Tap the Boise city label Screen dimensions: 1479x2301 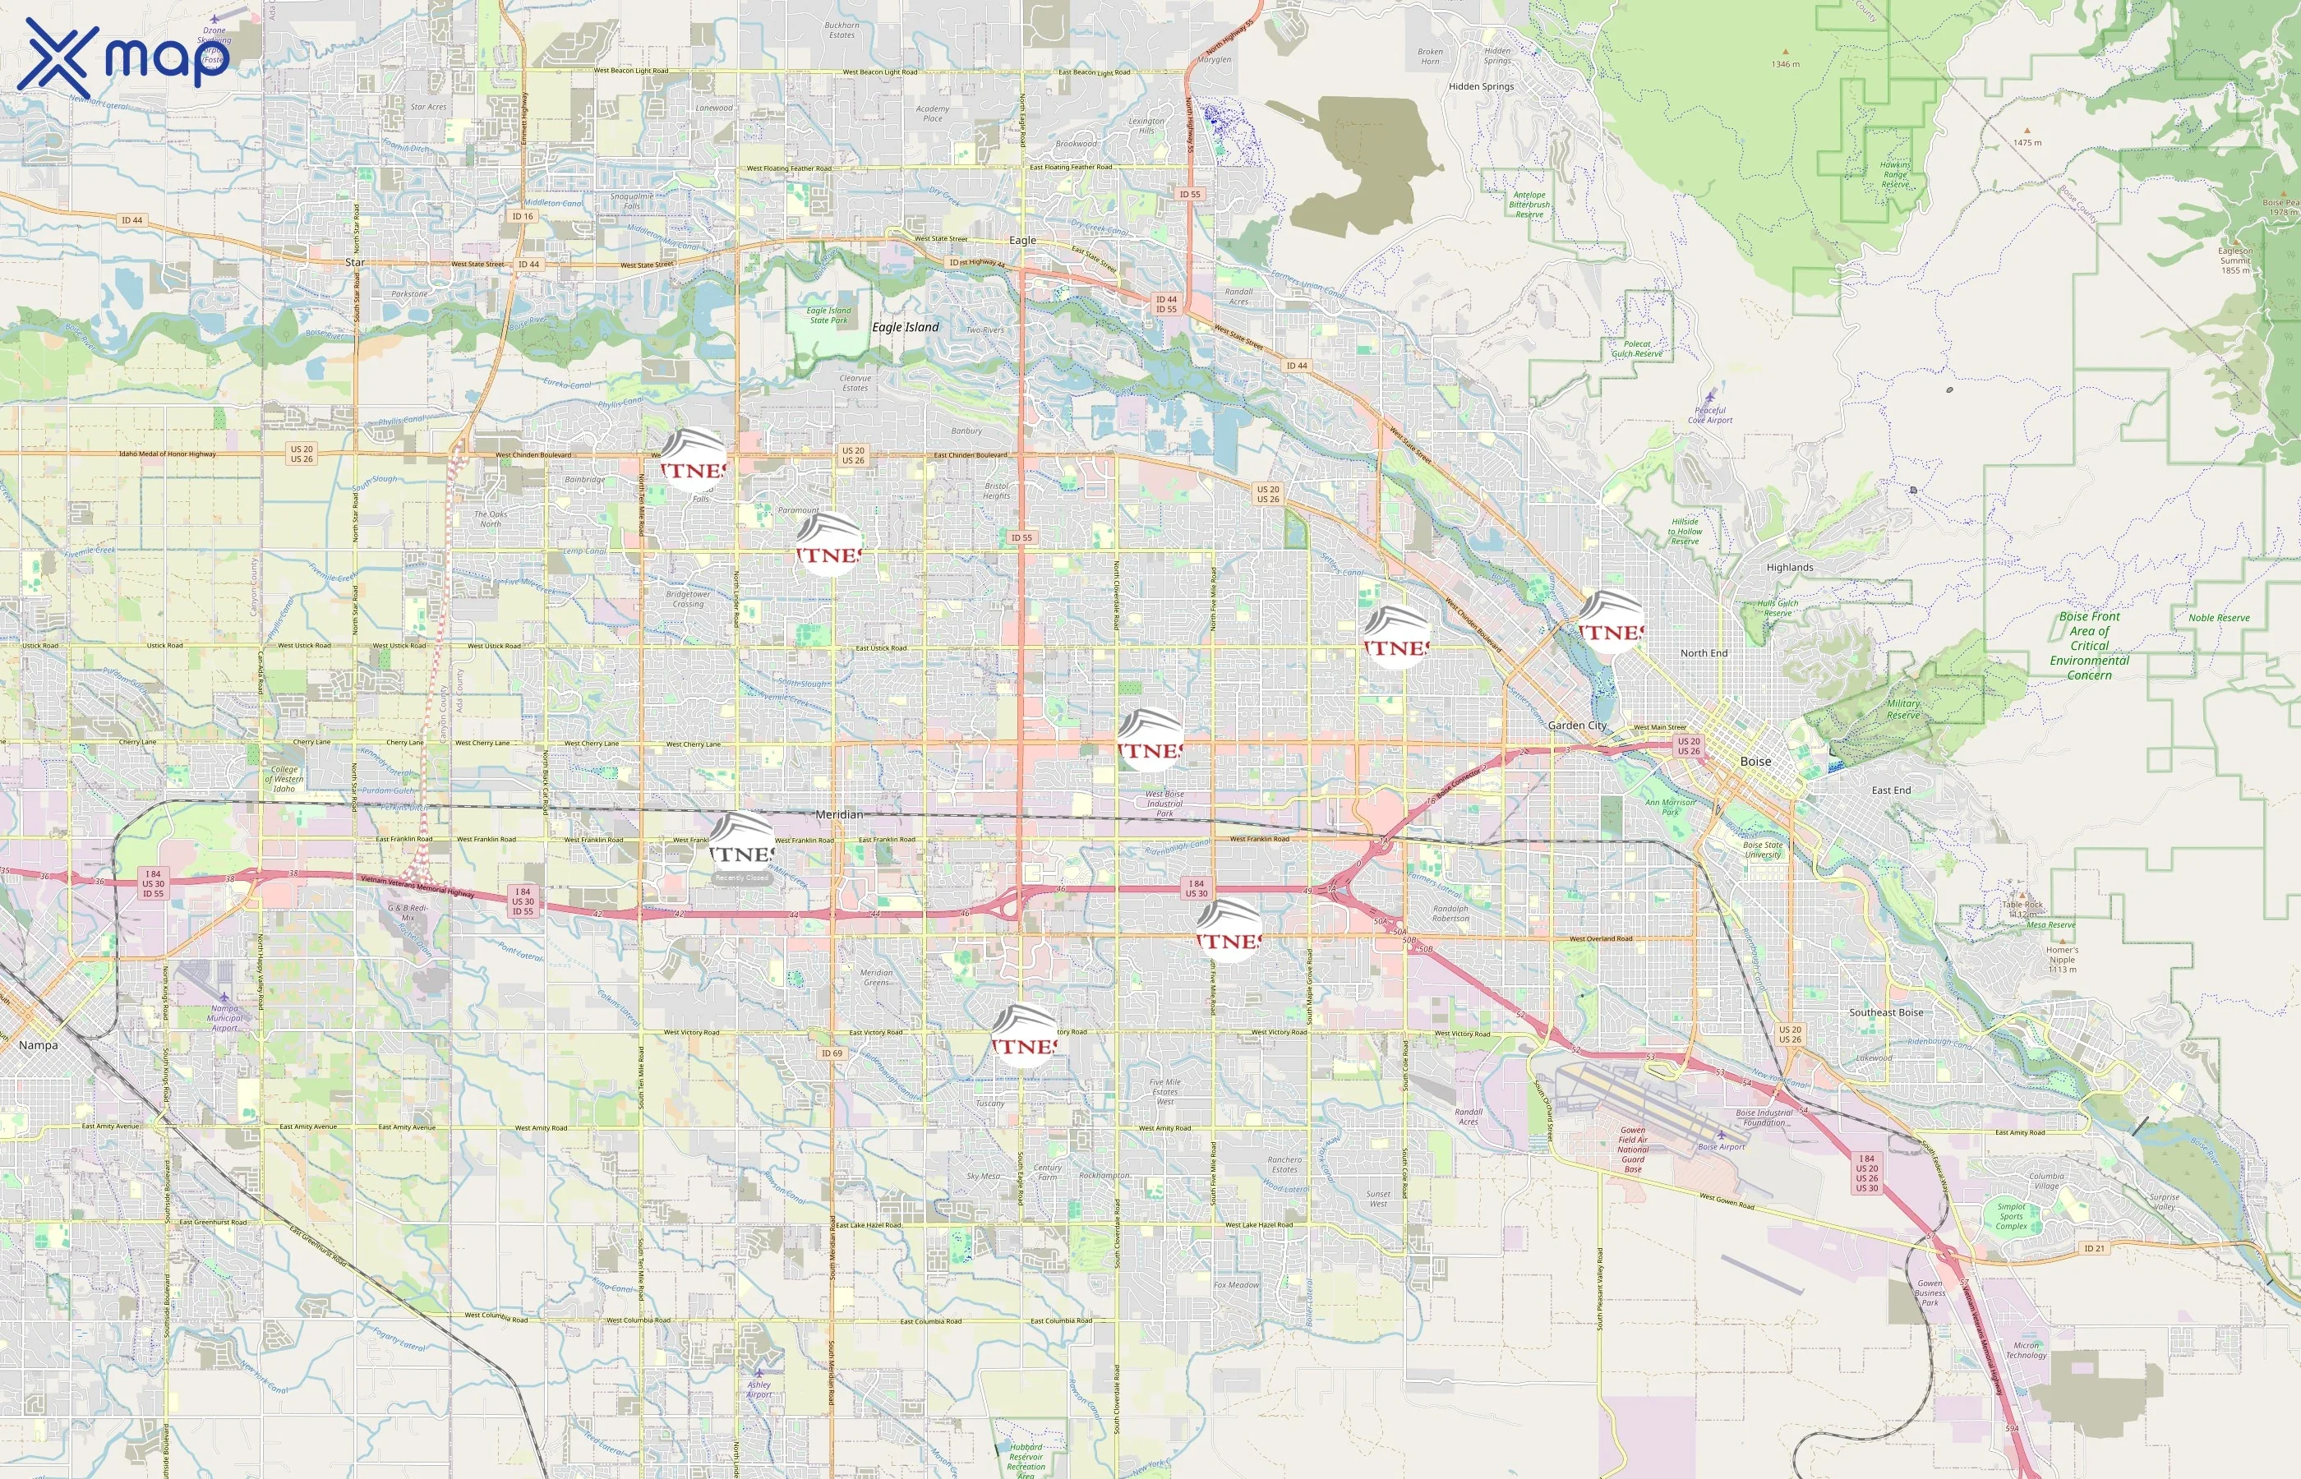(x=1755, y=762)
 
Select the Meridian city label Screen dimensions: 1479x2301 (x=838, y=814)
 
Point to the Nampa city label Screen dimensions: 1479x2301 (x=39, y=1045)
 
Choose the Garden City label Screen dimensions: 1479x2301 (x=1577, y=725)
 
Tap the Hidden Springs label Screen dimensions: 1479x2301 (x=1481, y=86)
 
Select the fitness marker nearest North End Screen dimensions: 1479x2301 (x=1611, y=622)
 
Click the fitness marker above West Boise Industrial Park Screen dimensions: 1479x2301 (x=1150, y=740)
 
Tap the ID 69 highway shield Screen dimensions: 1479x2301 (x=832, y=1053)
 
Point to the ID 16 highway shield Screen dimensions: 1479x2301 (x=523, y=216)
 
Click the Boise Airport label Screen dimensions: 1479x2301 (x=1722, y=1147)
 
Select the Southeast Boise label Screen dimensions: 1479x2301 (x=1886, y=1012)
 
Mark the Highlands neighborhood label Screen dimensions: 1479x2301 (x=1789, y=568)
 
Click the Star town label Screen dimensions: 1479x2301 (x=354, y=262)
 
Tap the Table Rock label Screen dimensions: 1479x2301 (x=2022, y=905)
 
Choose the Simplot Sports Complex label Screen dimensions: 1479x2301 (x=2011, y=1216)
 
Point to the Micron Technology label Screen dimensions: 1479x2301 (x=2026, y=1350)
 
